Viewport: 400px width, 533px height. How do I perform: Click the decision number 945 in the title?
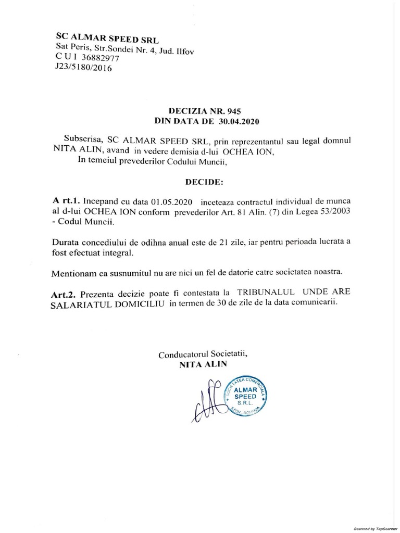point(232,111)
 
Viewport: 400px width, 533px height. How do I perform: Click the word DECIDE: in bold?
point(204,183)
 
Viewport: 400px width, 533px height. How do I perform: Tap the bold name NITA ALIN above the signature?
point(203,364)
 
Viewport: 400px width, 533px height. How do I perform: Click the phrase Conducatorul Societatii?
point(203,354)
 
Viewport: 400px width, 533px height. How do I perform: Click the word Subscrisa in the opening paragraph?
point(81,141)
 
